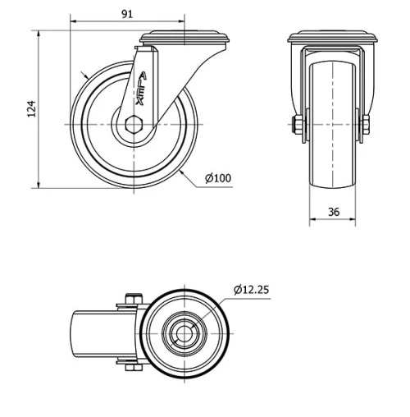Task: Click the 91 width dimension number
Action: (x=127, y=14)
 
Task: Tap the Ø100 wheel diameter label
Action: (x=216, y=178)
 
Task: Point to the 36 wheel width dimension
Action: (x=334, y=211)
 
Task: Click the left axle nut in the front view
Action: (x=294, y=124)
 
